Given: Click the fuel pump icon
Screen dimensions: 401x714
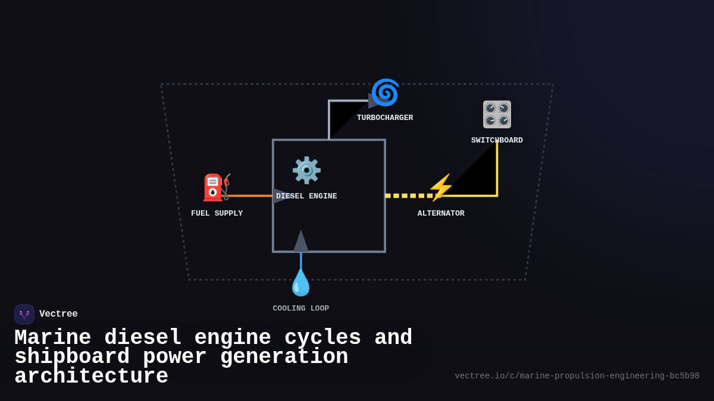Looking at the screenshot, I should pos(215,187).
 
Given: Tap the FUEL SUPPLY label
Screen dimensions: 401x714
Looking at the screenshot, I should pos(217,213).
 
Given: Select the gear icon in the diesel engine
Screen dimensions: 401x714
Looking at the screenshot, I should pos(306,170).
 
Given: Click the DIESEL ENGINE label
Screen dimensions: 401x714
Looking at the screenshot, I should pos(306,196).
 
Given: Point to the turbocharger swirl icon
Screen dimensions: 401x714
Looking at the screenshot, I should pos(385,93).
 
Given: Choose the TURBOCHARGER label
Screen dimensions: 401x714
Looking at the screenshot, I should pos(385,118).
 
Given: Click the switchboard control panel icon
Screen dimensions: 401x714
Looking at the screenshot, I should pos(497,114).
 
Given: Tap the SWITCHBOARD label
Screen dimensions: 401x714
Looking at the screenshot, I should pos(497,140).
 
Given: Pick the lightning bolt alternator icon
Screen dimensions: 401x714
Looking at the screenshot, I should pos(440,188).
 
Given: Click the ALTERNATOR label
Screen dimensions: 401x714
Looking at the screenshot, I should pos(441,213).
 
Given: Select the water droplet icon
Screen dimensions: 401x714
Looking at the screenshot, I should pos(300,283).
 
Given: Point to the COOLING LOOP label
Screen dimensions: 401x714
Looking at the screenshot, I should pos(300,308).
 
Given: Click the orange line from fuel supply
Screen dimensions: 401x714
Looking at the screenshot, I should pos(250,195).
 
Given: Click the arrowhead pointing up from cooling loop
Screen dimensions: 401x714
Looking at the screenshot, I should pos(301,242).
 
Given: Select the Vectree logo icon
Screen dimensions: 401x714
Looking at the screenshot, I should pos(24,314).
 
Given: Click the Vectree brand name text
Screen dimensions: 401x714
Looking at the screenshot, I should pos(58,314).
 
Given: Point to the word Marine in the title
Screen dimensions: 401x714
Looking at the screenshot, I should pos(52,337).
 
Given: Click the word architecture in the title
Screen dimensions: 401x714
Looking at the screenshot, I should pos(91,377).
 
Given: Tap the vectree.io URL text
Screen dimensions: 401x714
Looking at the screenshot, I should pos(577,376).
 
